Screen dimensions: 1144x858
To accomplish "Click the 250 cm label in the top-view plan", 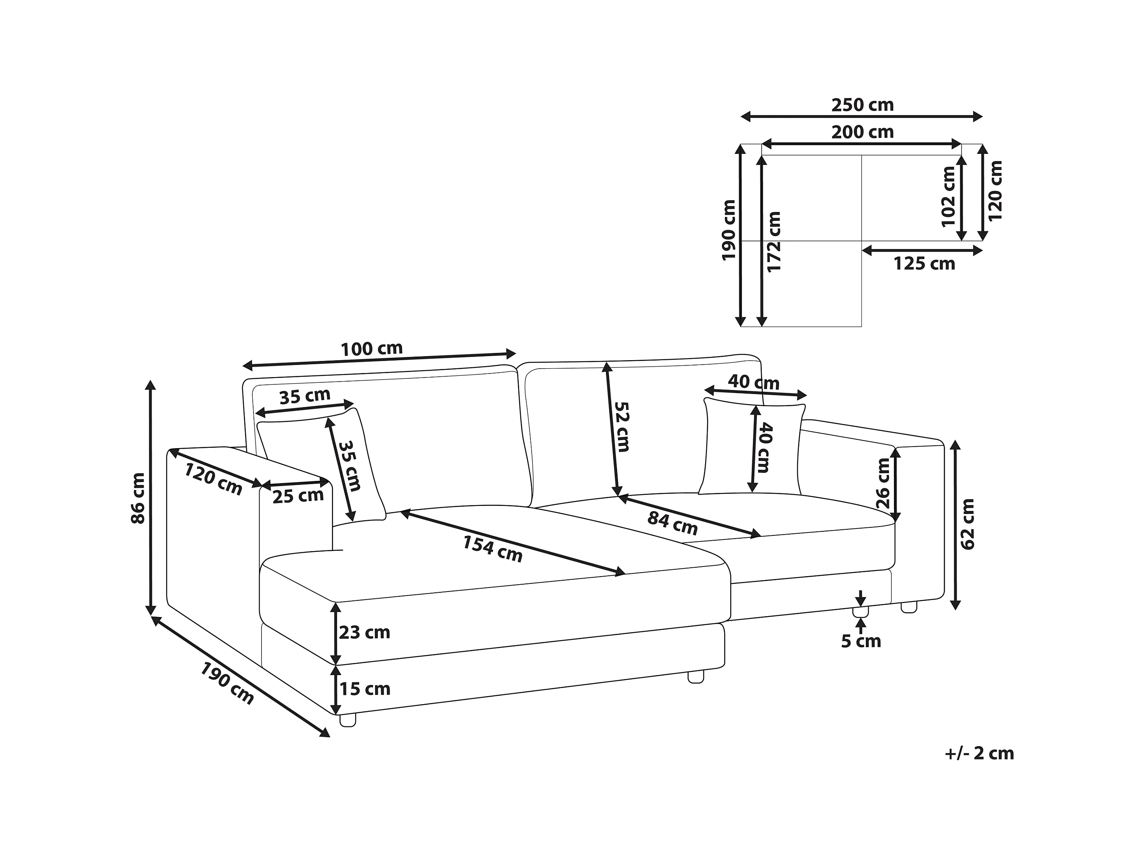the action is [862, 105].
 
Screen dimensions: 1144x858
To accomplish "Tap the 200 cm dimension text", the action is [862, 132].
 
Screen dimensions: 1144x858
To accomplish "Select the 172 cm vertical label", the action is [774, 241].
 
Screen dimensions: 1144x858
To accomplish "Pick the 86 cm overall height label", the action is [138, 498].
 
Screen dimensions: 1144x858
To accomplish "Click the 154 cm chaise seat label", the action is [492, 549].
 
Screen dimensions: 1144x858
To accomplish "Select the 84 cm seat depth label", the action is [673, 523].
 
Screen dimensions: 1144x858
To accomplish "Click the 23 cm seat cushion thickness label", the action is [364, 632].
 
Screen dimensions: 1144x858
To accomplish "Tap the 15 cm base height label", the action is [364, 689].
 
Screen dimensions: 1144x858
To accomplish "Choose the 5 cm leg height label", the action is [861, 641].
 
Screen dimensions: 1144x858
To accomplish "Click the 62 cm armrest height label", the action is [967, 524].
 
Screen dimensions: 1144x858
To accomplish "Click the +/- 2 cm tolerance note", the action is [979, 753].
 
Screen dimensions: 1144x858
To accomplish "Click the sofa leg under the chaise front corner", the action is [348, 720].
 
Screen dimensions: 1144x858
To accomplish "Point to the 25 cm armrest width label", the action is [298, 496].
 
